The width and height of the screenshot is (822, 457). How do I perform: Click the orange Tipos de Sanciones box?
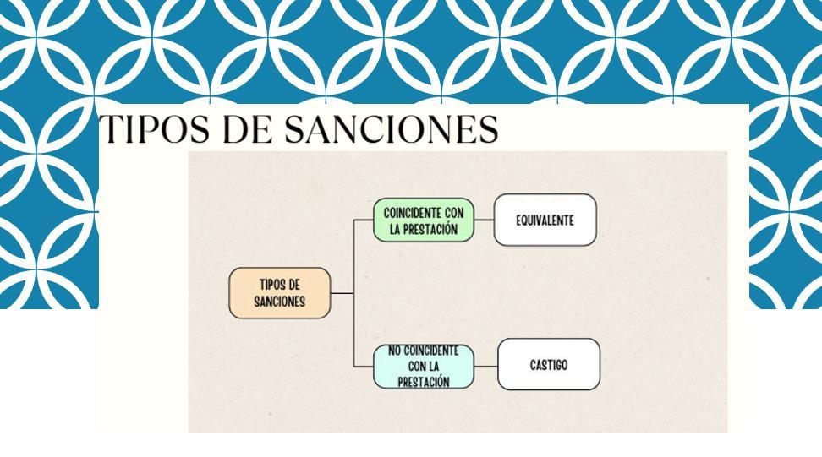coord(279,293)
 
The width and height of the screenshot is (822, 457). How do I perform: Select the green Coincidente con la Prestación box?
coord(423,220)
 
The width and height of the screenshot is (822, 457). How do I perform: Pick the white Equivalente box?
coord(545,220)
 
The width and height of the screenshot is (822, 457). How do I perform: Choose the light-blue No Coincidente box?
coord(423,366)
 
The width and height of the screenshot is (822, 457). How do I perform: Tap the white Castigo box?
coord(548,365)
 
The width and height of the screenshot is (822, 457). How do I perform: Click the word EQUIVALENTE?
coord(545,220)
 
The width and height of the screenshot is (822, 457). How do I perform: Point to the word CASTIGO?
coord(548,365)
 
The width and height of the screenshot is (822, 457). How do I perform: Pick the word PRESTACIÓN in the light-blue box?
coord(423,381)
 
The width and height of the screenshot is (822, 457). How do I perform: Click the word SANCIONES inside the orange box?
coord(279,302)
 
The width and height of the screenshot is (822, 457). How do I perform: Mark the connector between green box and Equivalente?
coord(484,220)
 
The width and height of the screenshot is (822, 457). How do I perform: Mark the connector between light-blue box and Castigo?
coord(485,365)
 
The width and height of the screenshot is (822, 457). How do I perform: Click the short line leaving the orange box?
coord(341,293)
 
